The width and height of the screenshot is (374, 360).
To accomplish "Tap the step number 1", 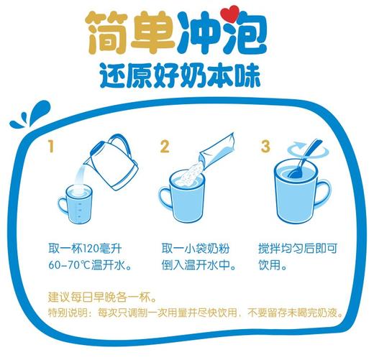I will (x=51, y=147).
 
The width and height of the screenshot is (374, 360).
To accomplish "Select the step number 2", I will (x=165, y=147).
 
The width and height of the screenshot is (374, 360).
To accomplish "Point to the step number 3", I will (x=265, y=147).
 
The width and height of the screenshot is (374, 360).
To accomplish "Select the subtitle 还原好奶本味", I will (x=186, y=75).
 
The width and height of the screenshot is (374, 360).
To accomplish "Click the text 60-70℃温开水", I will (x=87, y=265).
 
